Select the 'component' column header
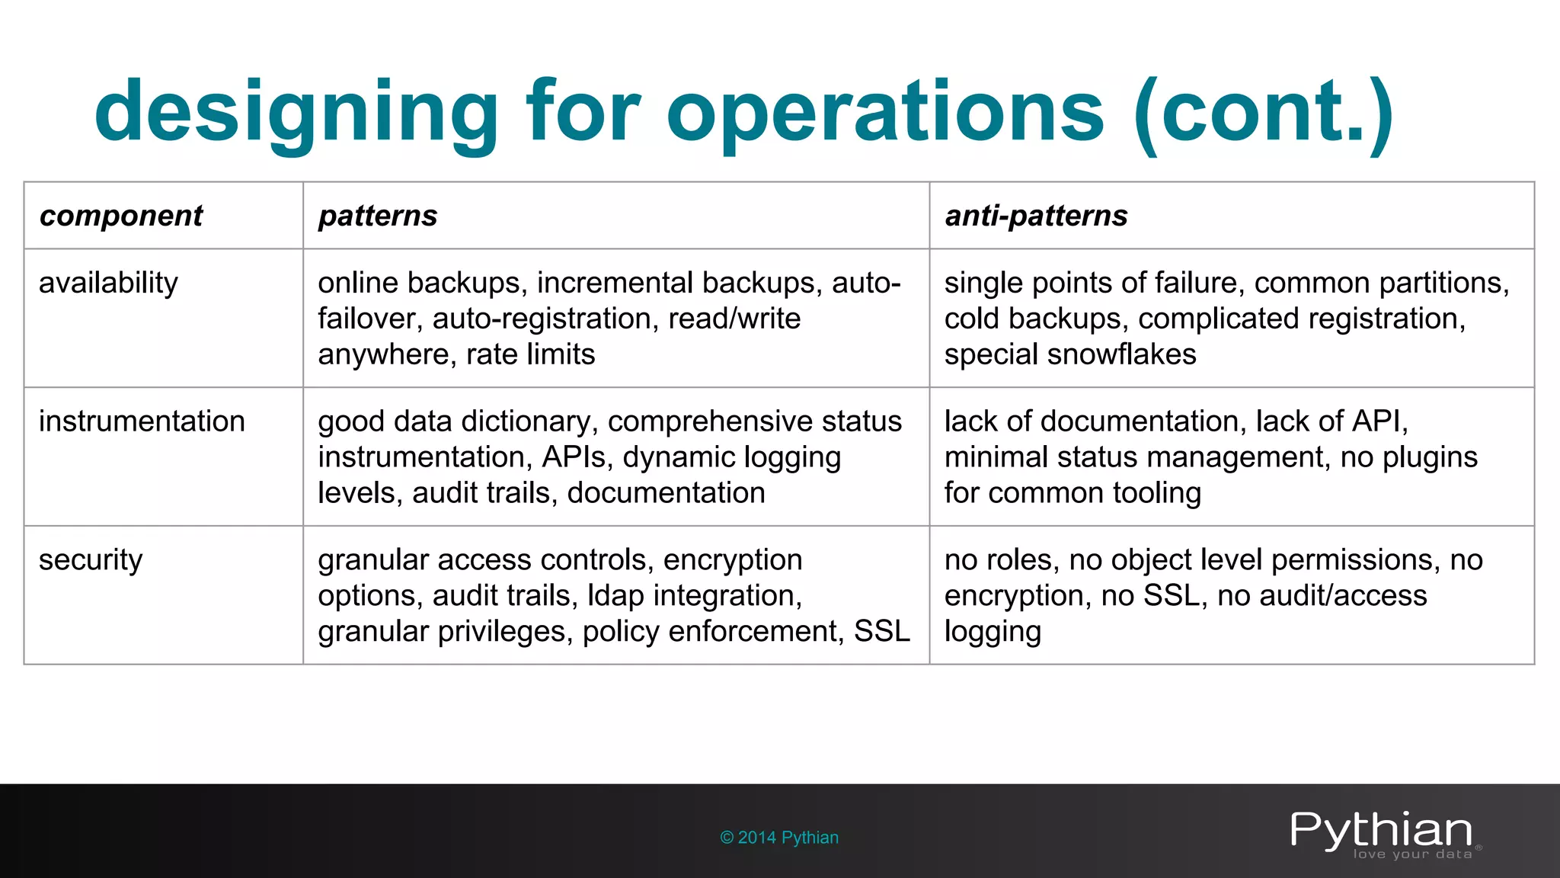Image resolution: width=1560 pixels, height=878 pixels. coord(121,216)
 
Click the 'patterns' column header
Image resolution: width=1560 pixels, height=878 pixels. coord(378,216)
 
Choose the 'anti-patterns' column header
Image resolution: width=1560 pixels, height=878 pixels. coord(1036,216)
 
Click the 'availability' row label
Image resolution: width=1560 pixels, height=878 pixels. coord(108,283)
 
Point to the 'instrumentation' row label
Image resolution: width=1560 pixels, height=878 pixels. coord(142,421)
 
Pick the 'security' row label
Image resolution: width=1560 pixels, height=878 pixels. coord(91,560)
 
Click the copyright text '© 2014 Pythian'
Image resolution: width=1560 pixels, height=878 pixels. coord(779,838)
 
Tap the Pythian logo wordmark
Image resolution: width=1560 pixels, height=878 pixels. coord(1381,829)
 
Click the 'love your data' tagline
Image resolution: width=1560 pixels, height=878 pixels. coord(1412,854)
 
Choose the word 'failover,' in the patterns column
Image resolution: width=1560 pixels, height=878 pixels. coord(370,319)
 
